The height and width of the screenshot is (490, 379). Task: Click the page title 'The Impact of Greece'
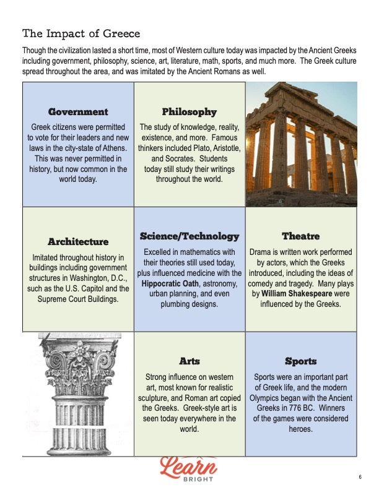click(81, 33)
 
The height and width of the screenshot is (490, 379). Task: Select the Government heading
click(78, 112)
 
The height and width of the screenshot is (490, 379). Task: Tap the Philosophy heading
click(189, 112)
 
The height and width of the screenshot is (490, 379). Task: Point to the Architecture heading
click(78, 241)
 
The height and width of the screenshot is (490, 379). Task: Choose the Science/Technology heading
click(189, 236)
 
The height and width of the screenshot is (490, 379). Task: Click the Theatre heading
click(301, 236)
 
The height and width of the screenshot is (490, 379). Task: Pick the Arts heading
click(189, 361)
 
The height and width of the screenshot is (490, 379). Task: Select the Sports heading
click(301, 361)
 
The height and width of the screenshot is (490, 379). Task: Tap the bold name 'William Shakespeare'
click(294, 293)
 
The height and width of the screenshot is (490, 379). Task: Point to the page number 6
click(360, 476)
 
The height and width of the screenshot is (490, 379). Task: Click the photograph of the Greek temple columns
click(301, 144)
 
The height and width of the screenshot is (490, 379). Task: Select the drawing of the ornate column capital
click(78, 394)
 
